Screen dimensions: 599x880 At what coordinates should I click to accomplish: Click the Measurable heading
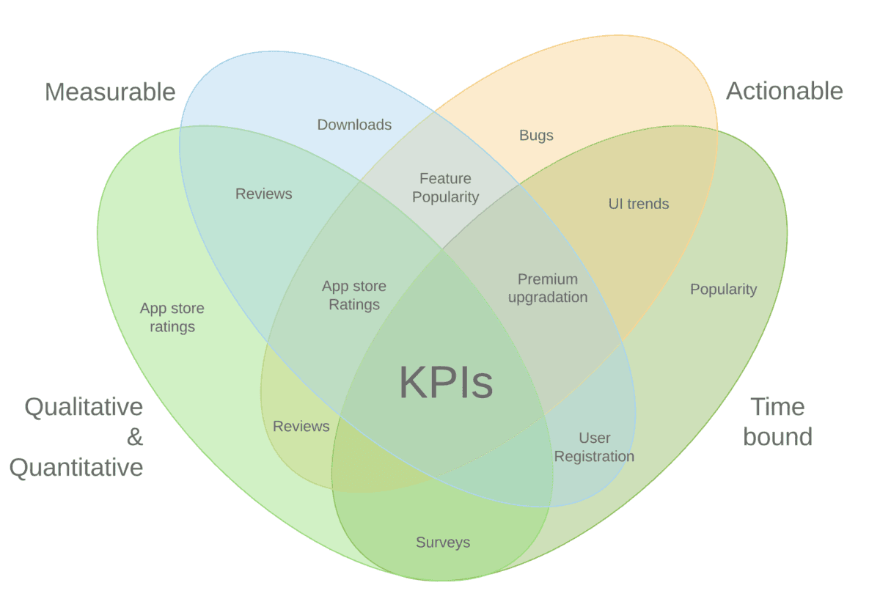[x=110, y=92]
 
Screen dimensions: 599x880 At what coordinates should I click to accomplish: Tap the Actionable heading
[x=784, y=91]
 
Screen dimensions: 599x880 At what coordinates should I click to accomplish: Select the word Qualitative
[x=84, y=407]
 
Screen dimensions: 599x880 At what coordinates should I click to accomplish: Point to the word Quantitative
[x=76, y=467]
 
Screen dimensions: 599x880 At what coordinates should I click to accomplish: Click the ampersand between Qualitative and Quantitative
[x=135, y=438]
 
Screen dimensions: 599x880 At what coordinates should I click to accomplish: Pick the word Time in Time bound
[x=777, y=407]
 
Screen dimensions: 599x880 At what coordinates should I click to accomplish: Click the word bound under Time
[x=777, y=437]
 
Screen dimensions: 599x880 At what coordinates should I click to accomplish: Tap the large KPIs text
[x=446, y=383]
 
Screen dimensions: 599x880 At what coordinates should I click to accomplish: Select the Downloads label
[x=354, y=125]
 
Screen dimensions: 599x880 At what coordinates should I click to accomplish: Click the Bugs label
[x=536, y=135]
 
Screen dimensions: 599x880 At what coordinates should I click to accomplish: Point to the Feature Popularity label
[x=445, y=188]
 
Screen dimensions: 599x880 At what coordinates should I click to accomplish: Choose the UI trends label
[x=639, y=204]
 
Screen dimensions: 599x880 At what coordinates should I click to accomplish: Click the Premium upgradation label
[x=548, y=288]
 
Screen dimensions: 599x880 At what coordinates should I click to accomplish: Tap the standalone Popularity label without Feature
[x=723, y=290]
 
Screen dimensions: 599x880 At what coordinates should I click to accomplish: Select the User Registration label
[x=594, y=447]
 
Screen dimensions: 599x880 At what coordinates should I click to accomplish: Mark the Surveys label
[x=443, y=543]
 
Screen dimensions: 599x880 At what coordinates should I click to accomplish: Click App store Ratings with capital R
[x=354, y=295]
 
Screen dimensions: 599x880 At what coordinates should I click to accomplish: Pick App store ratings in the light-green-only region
[x=172, y=317]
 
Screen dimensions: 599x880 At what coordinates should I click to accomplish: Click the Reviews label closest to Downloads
[x=264, y=194]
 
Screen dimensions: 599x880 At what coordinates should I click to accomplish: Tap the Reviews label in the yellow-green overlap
[x=301, y=426]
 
